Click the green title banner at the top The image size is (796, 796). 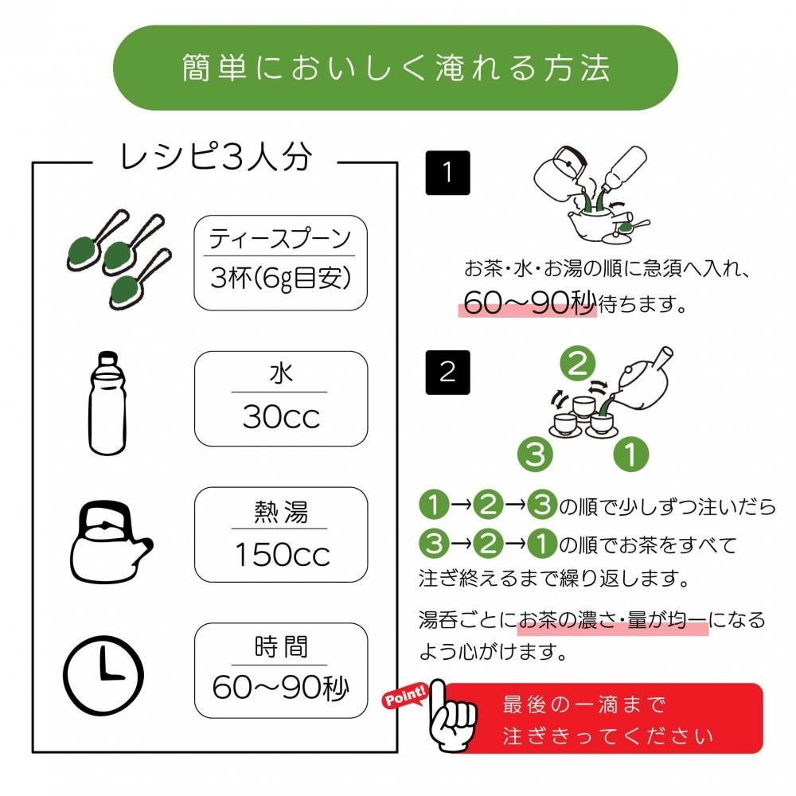pyautogui.click(x=396, y=68)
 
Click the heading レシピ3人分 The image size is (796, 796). pyautogui.click(x=215, y=157)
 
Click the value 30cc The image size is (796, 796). pyautogui.click(x=280, y=418)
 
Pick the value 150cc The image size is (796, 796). pyautogui.click(x=280, y=555)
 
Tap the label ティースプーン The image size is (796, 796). pyautogui.click(x=280, y=239)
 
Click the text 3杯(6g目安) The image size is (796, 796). pyautogui.click(x=280, y=279)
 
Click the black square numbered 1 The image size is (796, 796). pyautogui.click(x=448, y=173)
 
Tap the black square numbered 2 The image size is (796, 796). pyautogui.click(x=448, y=372)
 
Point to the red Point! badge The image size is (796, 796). pyautogui.click(x=406, y=698)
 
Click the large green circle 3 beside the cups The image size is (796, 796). pyautogui.click(x=535, y=455)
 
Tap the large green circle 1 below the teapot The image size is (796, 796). pyautogui.click(x=631, y=455)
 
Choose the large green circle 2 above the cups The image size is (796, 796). pyautogui.click(x=579, y=365)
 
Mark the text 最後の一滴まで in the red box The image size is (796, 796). pyautogui.click(x=583, y=704)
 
